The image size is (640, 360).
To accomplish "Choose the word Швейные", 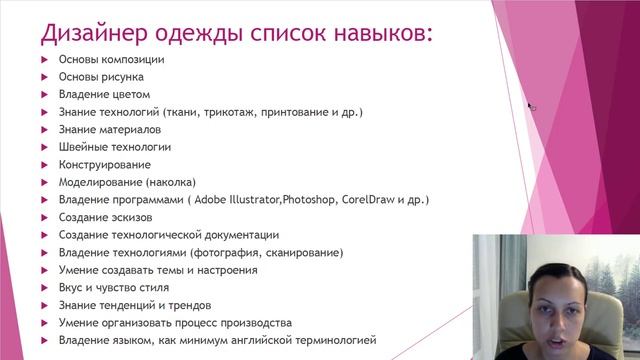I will pyautogui.click(x=85, y=147).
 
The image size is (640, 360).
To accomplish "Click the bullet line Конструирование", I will pyautogui.click(x=105, y=164).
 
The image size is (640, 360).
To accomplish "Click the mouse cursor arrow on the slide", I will pyautogui.click(x=532, y=105).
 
